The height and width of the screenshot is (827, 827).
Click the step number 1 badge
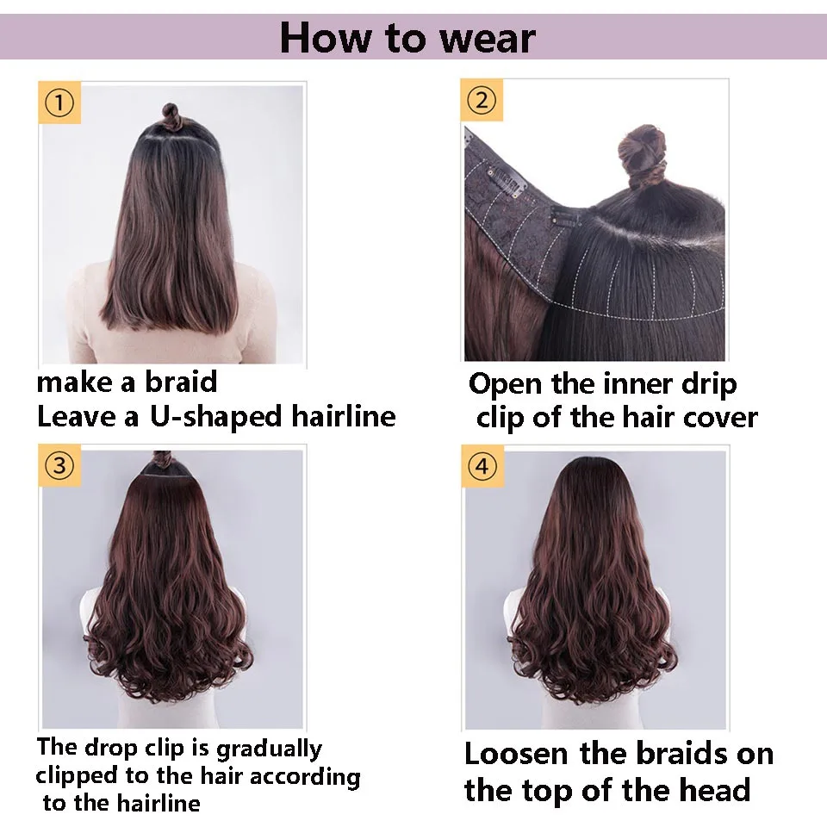point(59,104)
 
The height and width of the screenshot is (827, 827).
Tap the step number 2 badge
point(482,100)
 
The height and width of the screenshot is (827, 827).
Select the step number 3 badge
point(59,466)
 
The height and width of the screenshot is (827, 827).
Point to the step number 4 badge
point(482,466)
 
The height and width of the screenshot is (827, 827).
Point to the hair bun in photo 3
point(160,459)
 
